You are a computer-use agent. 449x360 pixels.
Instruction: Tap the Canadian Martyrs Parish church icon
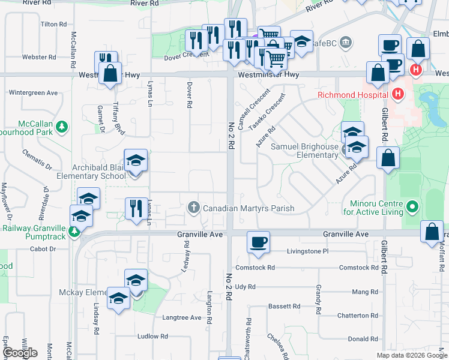tap(193, 208)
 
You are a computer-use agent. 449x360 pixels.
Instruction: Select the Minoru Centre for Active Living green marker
tap(412, 208)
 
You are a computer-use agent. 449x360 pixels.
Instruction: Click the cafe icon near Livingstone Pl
tap(259, 242)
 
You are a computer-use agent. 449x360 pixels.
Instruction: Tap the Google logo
tap(20, 353)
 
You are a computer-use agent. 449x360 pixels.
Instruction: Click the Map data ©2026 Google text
tap(412, 355)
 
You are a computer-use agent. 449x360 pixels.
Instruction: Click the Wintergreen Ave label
tap(33, 93)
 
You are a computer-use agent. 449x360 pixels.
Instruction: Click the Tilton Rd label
tap(53, 25)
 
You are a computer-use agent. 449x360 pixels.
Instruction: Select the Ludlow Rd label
tap(152, 336)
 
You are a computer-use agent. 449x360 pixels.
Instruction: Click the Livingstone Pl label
tap(308, 251)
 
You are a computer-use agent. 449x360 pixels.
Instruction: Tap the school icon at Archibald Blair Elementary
tap(136, 160)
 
